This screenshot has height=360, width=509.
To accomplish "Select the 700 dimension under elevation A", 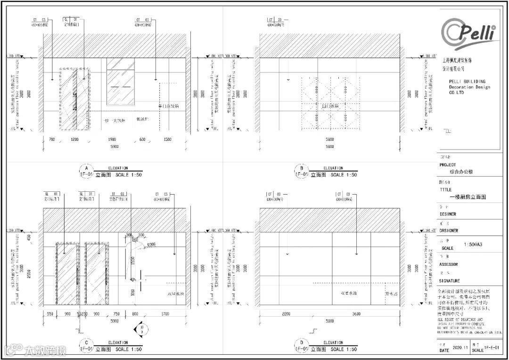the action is click(51, 139).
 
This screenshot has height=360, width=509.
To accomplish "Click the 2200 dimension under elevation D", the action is click(289, 314).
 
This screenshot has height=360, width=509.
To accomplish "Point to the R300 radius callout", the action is click(151, 245).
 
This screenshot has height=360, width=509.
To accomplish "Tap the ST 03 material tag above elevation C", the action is click(116, 194).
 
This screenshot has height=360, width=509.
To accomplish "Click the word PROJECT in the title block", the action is click(448, 165).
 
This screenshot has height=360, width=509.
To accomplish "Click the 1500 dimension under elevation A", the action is click(167, 139).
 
